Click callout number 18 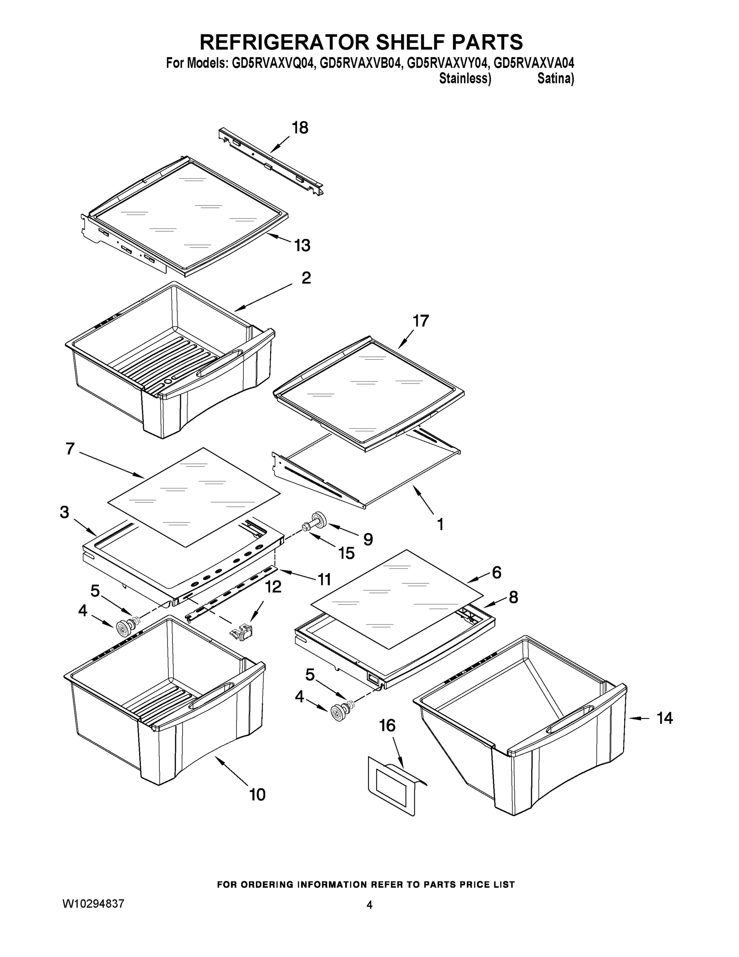pos(300,128)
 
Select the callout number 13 pos(302,245)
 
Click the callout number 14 pos(665,718)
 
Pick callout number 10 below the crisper pos(257,794)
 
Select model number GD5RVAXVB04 pos(360,63)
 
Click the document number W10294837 pos(94,903)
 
